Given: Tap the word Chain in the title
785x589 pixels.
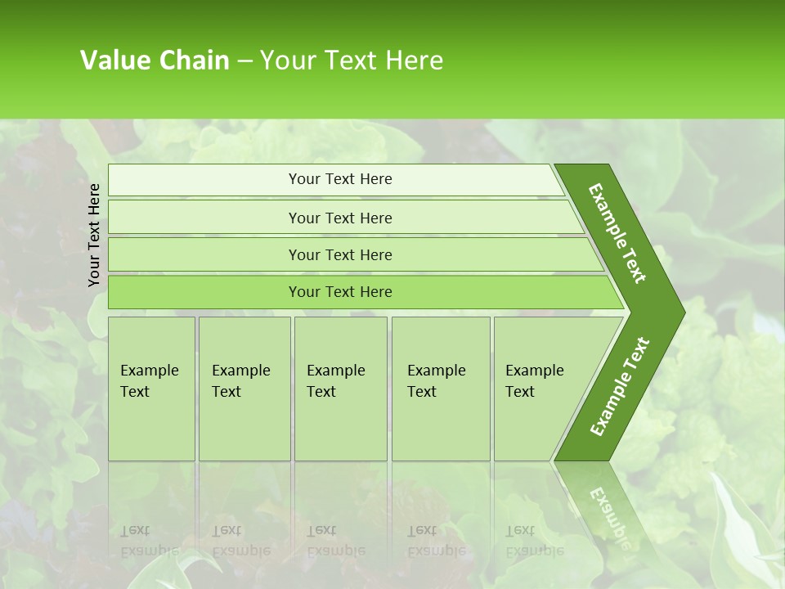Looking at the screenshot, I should [194, 60].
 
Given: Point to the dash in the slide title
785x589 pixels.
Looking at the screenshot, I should [244, 61].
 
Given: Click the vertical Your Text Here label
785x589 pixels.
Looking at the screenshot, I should [94, 235].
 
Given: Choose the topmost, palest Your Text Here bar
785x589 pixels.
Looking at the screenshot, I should [339, 179].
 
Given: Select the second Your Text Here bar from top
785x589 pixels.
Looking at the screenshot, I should [339, 218].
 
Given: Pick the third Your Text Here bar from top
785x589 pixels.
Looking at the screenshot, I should [339, 254].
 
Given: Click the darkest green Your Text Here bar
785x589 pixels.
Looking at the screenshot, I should [339, 292].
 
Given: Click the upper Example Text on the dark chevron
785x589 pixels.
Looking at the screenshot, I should [617, 233].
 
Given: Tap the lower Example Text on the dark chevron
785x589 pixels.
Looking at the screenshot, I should [620, 387].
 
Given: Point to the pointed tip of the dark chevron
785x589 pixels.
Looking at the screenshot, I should [682, 312].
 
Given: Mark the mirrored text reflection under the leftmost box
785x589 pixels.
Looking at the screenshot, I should [149, 541].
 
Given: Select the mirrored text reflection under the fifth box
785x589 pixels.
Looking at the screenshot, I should [533, 541].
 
